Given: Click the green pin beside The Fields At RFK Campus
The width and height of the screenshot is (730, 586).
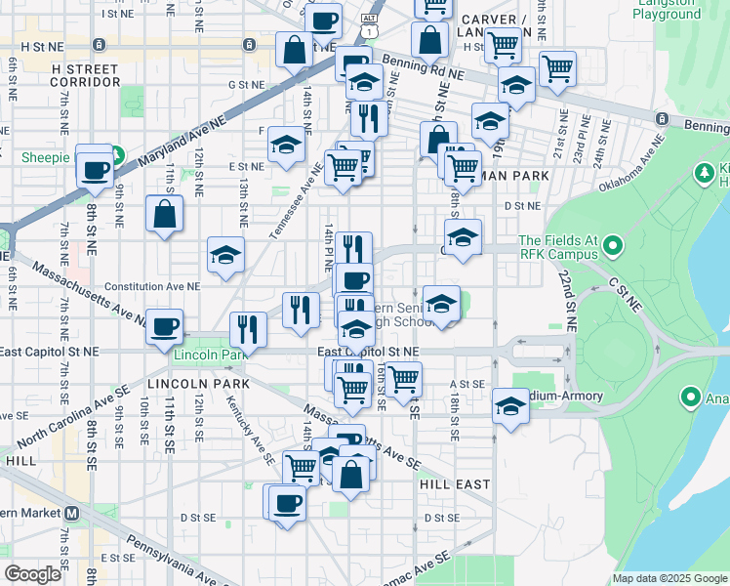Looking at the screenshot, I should coord(613,246).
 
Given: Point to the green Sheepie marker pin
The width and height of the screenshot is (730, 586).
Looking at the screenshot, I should coord(117,155).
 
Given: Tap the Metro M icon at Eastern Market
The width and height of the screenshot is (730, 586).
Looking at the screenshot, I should coord(71,514).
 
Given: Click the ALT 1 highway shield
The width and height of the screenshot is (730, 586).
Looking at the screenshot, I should coord(368,25).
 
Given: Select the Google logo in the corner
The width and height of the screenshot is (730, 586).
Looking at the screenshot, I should coord(32,574).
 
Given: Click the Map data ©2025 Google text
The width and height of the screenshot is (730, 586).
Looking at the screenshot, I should coord(669,578).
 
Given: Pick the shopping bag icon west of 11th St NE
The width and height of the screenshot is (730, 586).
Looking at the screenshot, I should coord(165,214).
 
